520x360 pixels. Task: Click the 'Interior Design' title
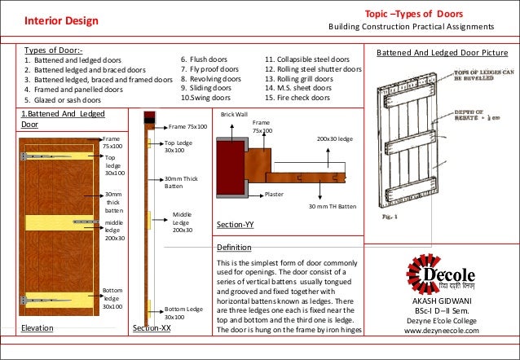[58, 20]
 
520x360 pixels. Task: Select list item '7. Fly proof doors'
[209, 69]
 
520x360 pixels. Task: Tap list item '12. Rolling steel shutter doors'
[314, 69]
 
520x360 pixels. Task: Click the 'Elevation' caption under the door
[37, 328]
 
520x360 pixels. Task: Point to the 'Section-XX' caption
[151, 328]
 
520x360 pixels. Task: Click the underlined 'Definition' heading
[236, 247]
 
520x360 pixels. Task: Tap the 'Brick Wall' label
[235, 115]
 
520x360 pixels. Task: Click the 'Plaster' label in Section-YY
[275, 195]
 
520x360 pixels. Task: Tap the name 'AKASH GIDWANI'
[443, 301]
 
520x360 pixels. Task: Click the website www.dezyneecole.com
[443, 331]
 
